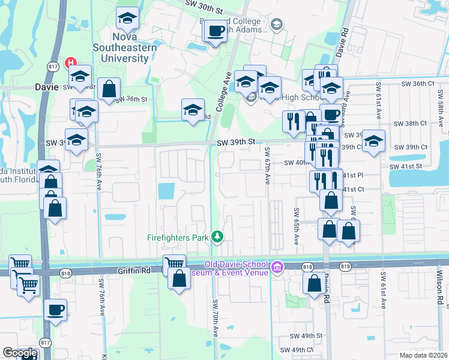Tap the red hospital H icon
pyautogui.click(x=71, y=62)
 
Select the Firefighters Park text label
pyautogui.click(x=178, y=238)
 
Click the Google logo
pyautogui.click(x=19, y=353)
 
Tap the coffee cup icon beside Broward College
pyautogui.click(x=217, y=30)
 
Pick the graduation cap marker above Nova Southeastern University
pyautogui.click(x=127, y=19)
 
